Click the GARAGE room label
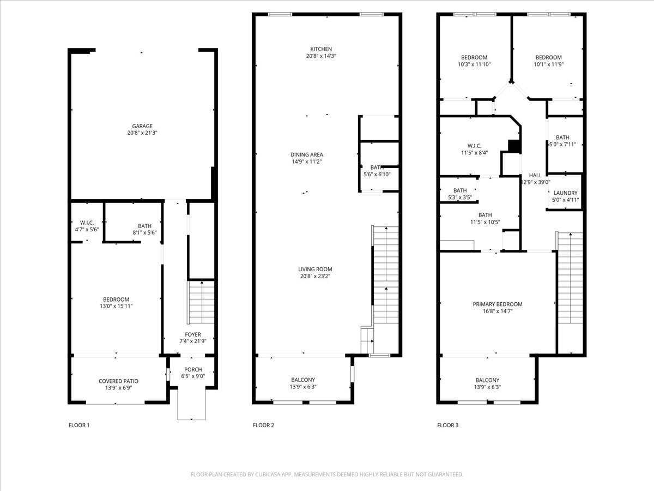(x=142, y=126)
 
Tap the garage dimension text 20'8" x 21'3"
(x=142, y=133)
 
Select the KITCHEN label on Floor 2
(x=321, y=49)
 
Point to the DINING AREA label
(x=307, y=155)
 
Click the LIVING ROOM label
(x=315, y=269)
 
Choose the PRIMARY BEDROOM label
(x=498, y=304)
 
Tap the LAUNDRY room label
(x=565, y=193)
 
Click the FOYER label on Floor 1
(x=193, y=334)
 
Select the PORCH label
(x=193, y=369)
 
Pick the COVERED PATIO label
(x=119, y=381)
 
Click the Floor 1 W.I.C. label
(x=87, y=223)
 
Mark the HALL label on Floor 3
(x=535, y=175)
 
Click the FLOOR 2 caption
(x=263, y=425)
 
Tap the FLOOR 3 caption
(x=448, y=425)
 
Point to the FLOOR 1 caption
(x=79, y=425)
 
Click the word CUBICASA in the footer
(x=268, y=474)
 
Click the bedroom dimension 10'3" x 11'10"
(x=474, y=64)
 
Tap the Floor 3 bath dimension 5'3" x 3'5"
(x=460, y=197)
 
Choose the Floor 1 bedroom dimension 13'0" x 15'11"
(x=116, y=306)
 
